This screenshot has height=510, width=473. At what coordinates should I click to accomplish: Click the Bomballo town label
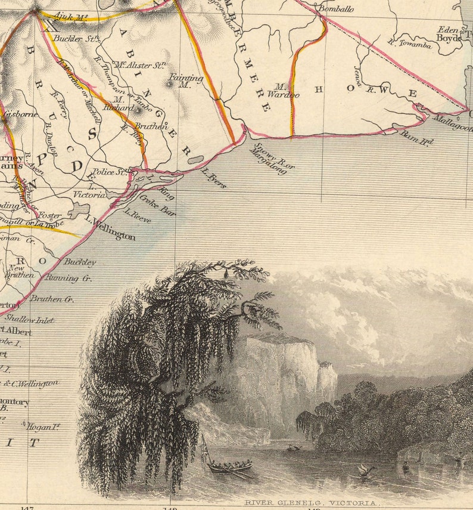click(335, 9)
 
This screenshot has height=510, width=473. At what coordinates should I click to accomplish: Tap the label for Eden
click(447, 29)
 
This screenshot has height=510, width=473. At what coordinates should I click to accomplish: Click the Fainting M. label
click(179, 81)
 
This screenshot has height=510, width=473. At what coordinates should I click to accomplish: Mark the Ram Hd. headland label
click(416, 138)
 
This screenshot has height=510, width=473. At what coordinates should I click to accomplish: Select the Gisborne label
click(20, 114)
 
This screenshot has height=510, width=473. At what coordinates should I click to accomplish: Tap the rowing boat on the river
click(229, 467)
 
